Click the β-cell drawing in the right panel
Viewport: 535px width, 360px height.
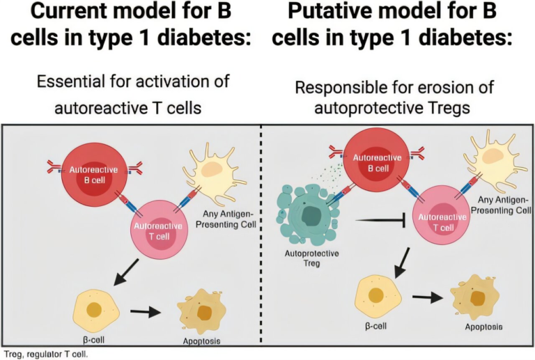click(x=375, y=295)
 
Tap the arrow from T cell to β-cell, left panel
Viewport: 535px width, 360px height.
click(x=128, y=271)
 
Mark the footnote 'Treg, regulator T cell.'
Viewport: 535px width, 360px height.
click(x=45, y=353)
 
